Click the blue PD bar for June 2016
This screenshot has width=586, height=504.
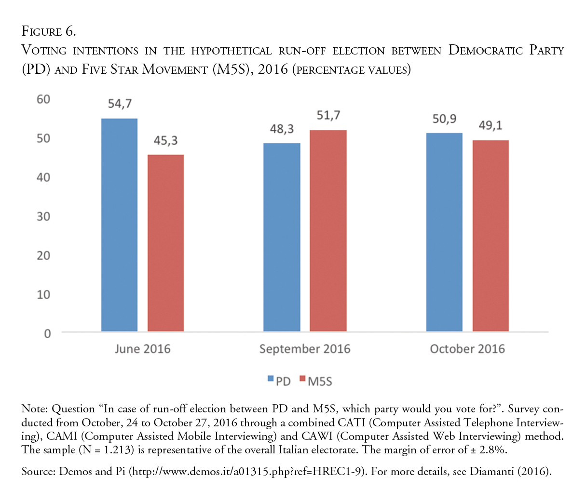pyautogui.click(x=119, y=225)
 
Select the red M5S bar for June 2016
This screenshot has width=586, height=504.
pyautogui.click(x=165, y=243)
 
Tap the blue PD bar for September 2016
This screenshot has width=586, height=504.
pyautogui.click(x=282, y=237)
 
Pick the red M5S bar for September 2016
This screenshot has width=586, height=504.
pyautogui.click(x=328, y=231)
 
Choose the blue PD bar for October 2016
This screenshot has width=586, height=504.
pyautogui.click(x=444, y=232)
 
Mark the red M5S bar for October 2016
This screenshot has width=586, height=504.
pyautogui.click(x=491, y=236)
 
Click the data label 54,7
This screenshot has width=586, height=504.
pyautogui.click(x=120, y=104)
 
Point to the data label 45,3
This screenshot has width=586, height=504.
pyautogui.click(x=165, y=140)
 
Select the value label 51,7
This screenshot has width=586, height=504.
pyautogui.click(x=328, y=116)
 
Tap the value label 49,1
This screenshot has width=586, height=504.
pyautogui.click(x=491, y=125)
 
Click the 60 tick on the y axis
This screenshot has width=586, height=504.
pyautogui.click(x=43, y=99)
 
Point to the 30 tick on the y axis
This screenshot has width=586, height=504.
pyautogui.click(x=43, y=217)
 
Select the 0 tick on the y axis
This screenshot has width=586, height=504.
pyautogui.click(x=47, y=334)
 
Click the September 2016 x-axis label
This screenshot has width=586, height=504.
pyautogui.click(x=305, y=349)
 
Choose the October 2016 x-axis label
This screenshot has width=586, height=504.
pyautogui.click(x=467, y=349)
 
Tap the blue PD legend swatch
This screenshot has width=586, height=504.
pyautogui.click(x=271, y=379)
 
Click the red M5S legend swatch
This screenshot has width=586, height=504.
pyautogui.click(x=303, y=379)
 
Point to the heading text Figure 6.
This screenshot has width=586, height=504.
pyautogui.click(x=49, y=32)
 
